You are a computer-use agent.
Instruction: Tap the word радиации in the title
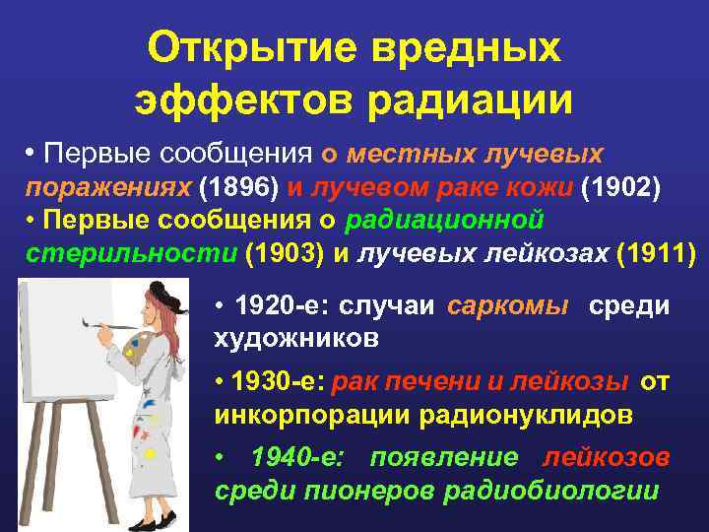point(474,100)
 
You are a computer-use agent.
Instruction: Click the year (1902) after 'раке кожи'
point(624,187)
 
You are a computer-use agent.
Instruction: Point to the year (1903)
point(285,252)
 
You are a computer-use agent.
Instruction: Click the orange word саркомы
point(508,306)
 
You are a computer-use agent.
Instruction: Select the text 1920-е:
point(282,306)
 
